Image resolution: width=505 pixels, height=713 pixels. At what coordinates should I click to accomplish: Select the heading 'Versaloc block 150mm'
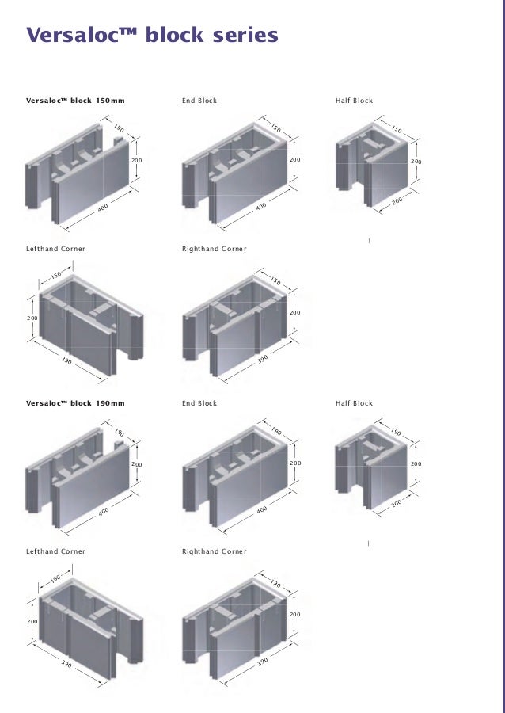coord(75,101)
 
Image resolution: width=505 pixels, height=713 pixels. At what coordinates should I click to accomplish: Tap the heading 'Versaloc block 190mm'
coord(75,403)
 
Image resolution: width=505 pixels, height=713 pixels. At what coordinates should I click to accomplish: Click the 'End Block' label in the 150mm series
coord(199,101)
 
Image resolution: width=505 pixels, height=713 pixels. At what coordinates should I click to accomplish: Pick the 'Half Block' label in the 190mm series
coord(354,403)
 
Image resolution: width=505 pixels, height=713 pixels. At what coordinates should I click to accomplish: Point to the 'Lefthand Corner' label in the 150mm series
coord(55,249)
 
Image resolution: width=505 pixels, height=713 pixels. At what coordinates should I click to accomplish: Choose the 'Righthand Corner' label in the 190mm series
coord(215,551)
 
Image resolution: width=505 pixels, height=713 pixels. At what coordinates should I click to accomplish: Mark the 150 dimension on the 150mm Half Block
coord(397,130)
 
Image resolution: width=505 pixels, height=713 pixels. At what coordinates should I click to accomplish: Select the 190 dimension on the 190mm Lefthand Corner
coord(55,579)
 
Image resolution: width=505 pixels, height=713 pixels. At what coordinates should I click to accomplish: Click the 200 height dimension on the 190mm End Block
coord(295,463)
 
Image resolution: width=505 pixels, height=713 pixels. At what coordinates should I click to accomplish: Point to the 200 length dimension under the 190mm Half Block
coord(397,504)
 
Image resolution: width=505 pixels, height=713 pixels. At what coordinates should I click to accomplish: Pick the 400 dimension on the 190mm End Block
coord(261,511)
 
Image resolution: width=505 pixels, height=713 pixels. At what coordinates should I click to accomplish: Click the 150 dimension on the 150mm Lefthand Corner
coord(55,276)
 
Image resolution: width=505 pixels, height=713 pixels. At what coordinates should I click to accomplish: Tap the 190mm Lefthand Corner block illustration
coord(87,626)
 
